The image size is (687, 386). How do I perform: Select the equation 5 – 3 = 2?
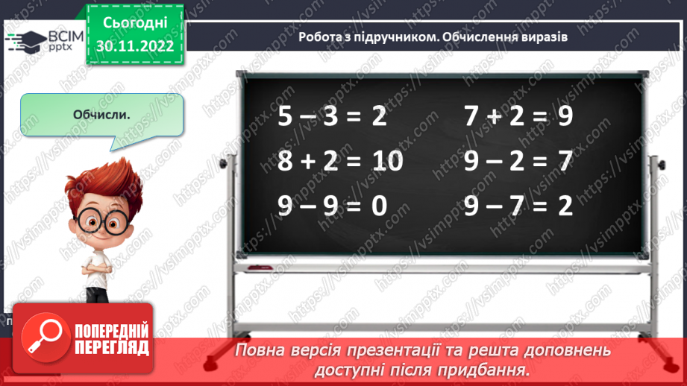[332, 117]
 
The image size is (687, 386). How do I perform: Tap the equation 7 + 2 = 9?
[518, 117]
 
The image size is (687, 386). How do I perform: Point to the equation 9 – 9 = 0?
[332, 205]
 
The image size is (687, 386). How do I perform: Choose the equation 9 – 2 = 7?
[518, 161]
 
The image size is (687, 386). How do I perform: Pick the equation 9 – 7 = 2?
[518, 205]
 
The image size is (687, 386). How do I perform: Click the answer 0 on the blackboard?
[378, 205]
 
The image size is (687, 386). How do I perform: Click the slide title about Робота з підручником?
[428, 37]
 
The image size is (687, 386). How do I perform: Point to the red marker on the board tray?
[261, 266]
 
